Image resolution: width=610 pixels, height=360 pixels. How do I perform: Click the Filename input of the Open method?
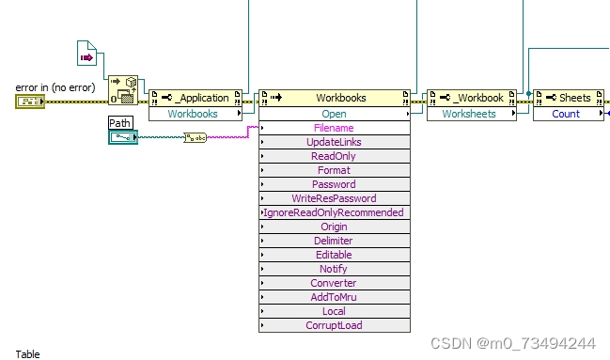334,128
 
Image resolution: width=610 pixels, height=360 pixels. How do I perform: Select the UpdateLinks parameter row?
334,142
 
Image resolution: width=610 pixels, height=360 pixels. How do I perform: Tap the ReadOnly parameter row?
334,156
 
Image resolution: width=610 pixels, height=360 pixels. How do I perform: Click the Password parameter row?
334,184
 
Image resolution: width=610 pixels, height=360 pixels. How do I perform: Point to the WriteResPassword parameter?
334,198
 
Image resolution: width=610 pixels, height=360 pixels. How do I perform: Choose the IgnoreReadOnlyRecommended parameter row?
334,212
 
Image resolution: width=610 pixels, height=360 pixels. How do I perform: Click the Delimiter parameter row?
334,241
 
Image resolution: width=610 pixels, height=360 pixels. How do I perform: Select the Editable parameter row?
334,255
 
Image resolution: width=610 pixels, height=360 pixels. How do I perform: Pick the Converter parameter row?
334,283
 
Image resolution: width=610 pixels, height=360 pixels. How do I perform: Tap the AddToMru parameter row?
334,297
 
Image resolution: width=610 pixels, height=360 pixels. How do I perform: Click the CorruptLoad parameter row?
334,325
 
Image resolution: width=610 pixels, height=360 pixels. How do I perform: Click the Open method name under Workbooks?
334,114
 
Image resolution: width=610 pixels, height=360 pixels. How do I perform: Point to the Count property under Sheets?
566,114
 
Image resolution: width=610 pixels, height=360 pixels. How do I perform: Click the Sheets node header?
570,98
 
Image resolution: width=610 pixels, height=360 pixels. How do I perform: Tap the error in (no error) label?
54,87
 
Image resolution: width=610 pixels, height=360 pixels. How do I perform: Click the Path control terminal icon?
122,137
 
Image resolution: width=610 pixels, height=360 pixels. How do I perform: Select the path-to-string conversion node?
195,138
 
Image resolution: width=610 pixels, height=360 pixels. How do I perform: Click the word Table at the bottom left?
27,354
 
